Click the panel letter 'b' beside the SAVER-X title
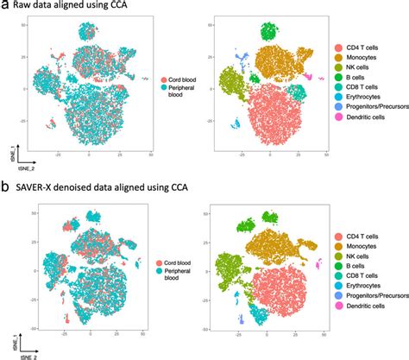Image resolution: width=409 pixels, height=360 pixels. tap(5, 189)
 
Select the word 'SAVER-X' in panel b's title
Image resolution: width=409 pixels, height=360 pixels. tap(39, 189)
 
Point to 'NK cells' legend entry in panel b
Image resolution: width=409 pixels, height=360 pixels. tap(352, 256)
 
